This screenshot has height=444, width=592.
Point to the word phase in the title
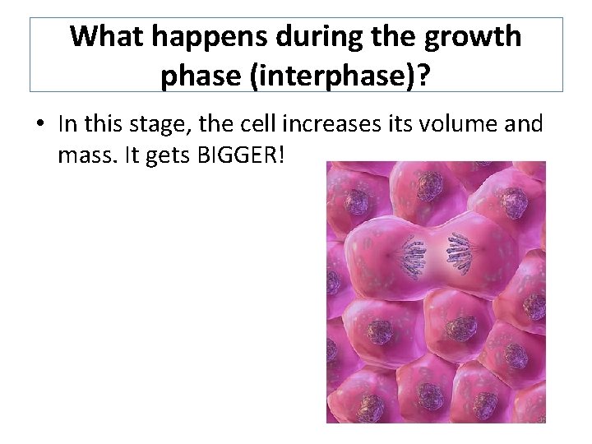[197, 76]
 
